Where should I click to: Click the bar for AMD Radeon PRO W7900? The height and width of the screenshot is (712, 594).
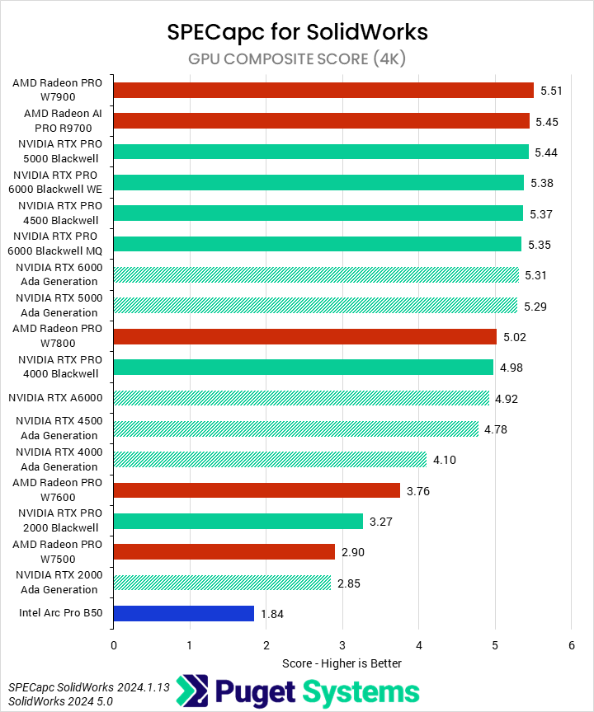[323, 90]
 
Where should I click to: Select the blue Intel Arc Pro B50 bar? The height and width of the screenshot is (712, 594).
[183, 613]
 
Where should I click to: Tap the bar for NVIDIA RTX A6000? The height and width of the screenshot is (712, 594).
[301, 399]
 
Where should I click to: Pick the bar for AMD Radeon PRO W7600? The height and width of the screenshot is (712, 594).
[257, 491]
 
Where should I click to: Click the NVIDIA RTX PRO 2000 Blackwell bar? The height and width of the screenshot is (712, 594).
[238, 521]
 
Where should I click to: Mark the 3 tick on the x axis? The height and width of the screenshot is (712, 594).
[342, 645]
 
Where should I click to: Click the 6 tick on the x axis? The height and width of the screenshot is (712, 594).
[571, 645]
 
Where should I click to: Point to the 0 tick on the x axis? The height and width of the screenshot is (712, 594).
[113, 645]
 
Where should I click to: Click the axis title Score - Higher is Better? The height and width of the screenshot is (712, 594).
[342, 663]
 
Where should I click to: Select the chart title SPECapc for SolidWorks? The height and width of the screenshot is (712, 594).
[297, 31]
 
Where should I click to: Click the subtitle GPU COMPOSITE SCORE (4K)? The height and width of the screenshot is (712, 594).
[297, 59]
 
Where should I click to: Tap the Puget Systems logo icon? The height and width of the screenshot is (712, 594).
[191, 691]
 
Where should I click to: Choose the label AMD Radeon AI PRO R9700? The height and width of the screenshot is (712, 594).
[57, 120]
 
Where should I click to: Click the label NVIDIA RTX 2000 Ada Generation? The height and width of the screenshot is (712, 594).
[57, 583]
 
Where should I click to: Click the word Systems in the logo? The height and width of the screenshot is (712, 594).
[359, 691]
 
